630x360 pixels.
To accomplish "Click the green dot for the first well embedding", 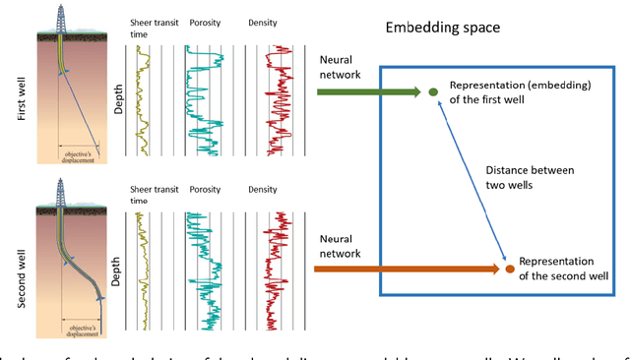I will pyautogui.click(x=433, y=92).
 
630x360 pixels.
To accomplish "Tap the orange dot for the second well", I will pyautogui.click(x=509, y=268).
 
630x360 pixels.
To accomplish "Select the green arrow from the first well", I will pyautogui.click(x=369, y=92).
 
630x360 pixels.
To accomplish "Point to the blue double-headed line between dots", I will pyautogui.click(x=471, y=179).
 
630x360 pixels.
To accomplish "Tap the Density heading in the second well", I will pyautogui.click(x=263, y=189).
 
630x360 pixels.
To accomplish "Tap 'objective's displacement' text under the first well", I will pyautogui.click(x=80, y=155).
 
